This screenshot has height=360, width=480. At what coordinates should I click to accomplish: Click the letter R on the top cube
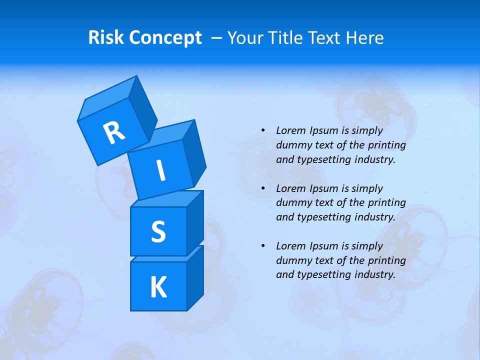114,133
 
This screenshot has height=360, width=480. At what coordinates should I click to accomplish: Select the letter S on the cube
158,231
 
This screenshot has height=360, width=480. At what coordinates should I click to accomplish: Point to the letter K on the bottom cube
158,287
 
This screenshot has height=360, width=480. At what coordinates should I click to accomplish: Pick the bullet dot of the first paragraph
263,130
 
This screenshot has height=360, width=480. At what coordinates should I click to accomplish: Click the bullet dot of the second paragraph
263,188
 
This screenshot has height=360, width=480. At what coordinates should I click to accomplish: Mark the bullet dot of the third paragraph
263,246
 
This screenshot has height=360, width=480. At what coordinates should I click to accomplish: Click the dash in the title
217,38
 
